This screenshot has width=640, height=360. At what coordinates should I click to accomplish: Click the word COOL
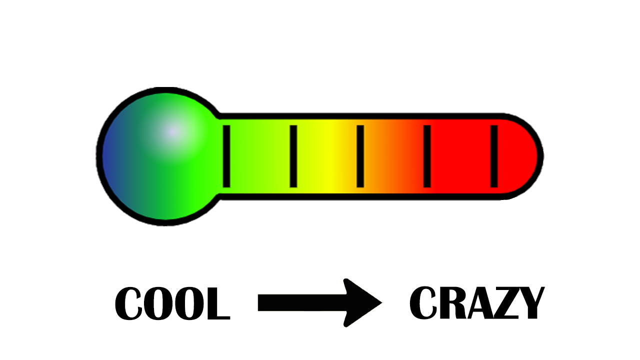click(x=172, y=303)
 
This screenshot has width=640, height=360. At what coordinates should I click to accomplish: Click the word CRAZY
click(x=476, y=303)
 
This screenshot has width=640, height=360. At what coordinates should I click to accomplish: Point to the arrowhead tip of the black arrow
click(x=381, y=303)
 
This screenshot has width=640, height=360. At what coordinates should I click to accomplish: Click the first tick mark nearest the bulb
click(x=226, y=156)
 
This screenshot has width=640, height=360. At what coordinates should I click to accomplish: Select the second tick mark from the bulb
click(x=293, y=156)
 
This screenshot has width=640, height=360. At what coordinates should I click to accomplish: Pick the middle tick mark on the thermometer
click(x=360, y=156)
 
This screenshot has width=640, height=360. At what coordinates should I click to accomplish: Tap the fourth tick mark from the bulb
click(x=427, y=156)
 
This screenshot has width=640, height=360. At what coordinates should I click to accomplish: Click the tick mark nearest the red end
click(x=494, y=156)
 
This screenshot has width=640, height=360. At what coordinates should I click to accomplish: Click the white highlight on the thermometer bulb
click(x=171, y=131)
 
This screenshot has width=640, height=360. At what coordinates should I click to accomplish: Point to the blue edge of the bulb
click(x=107, y=156)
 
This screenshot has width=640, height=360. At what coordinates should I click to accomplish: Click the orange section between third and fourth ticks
click(x=392, y=156)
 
